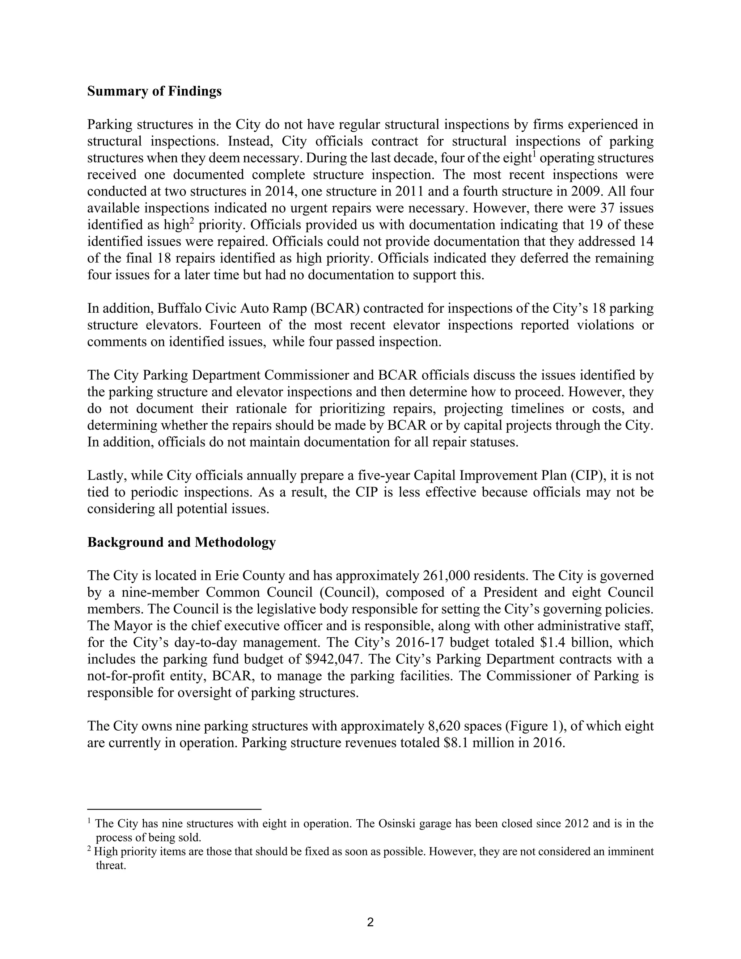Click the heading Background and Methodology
pos(181,542)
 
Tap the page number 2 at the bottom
pos(370,922)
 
